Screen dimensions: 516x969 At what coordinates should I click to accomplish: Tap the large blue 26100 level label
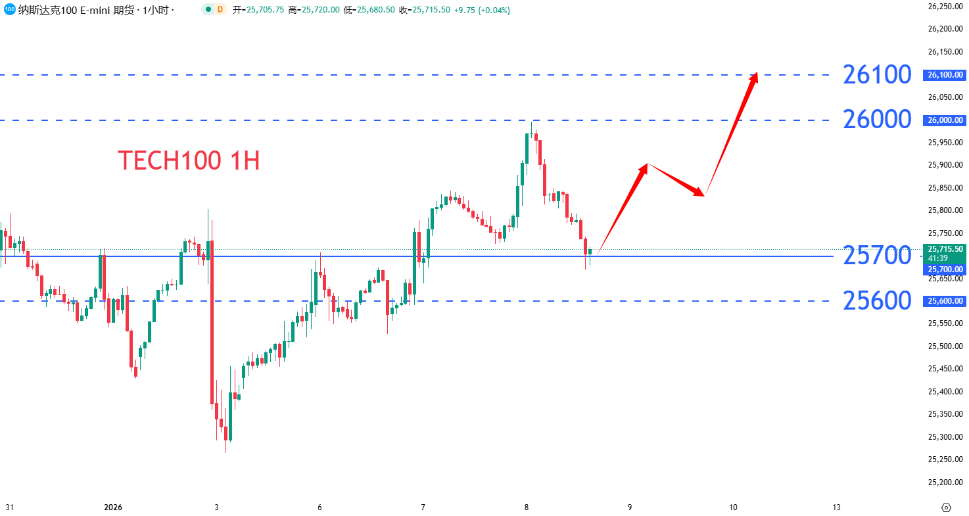tap(877, 75)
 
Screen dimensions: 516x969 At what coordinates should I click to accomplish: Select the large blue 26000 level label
tap(877, 120)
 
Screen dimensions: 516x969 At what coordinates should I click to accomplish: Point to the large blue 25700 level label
tap(877, 256)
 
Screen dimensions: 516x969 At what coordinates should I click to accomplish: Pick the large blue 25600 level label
tap(877, 301)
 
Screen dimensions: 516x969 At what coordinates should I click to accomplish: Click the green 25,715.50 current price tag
tap(945, 249)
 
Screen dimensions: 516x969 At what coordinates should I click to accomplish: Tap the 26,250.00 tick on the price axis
tap(945, 7)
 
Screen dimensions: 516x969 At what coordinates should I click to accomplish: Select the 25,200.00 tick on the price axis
tap(945, 482)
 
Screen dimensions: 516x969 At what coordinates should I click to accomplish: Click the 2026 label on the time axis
tap(113, 507)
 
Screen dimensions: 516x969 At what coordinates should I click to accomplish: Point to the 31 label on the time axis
tap(9, 507)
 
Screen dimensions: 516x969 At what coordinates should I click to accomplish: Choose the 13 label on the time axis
tap(836, 507)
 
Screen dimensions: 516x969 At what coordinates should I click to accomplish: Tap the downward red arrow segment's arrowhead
tap(701, 193)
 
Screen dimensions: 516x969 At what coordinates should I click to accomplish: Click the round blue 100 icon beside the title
tap(9, 9)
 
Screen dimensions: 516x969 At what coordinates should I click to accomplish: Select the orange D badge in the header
tap(220, 10)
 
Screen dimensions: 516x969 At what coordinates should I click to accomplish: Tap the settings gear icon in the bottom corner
tap(946, 507)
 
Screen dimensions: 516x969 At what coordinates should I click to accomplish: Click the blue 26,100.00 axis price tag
tap(945, 75)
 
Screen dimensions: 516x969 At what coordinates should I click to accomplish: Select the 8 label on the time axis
tap(527, 507)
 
